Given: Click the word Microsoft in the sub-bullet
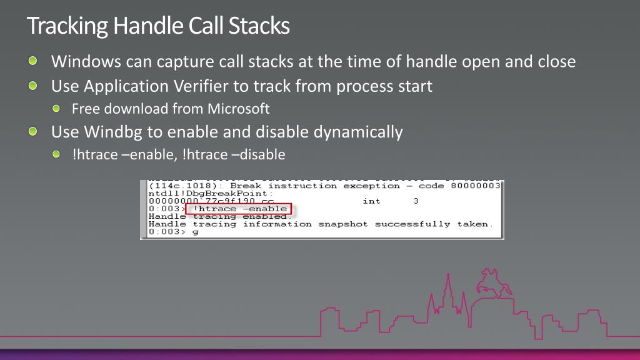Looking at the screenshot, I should pos(239,109).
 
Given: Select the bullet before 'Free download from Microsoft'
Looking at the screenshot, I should pos(57,109).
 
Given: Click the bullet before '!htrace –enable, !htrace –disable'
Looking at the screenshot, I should pos(57,154).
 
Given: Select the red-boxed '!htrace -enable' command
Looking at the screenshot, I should pos(239,209).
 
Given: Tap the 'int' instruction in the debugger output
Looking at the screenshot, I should pos(371,201).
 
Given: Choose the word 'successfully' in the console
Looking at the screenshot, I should pos(412,224).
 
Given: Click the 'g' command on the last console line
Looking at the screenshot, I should pos(196,232).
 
